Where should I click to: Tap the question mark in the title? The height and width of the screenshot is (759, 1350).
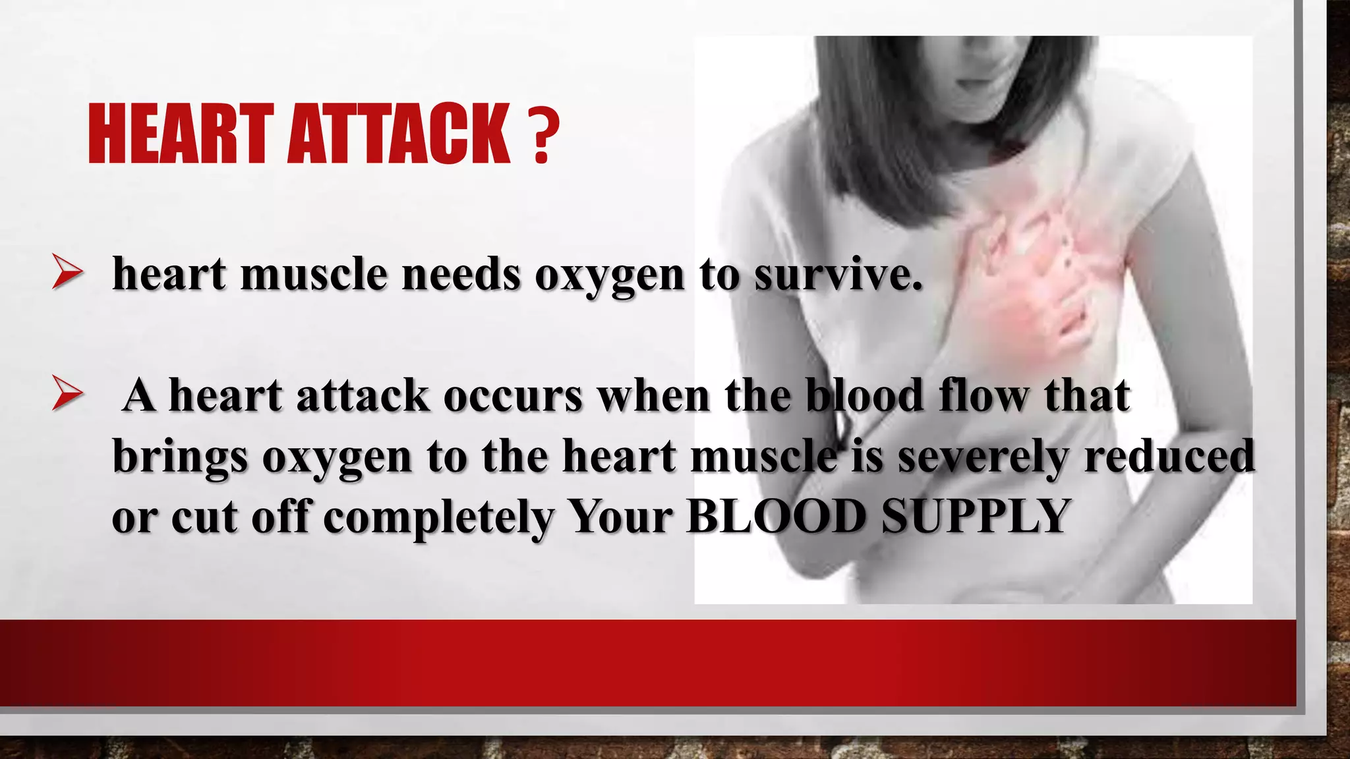(x=543, y=135)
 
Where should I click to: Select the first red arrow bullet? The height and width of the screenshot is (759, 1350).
(x=67, y=273)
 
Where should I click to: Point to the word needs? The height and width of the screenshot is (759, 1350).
(x=461, y=274)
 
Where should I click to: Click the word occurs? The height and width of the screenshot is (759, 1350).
(x=513, y=396)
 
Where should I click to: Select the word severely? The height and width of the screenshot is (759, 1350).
(x=983, y=457)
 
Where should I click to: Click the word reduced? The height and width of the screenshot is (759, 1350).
(x=1169, y=457)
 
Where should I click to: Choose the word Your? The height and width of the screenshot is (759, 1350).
(x=620, y=517)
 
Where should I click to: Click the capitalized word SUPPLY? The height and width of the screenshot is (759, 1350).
(x=975, y=517)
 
